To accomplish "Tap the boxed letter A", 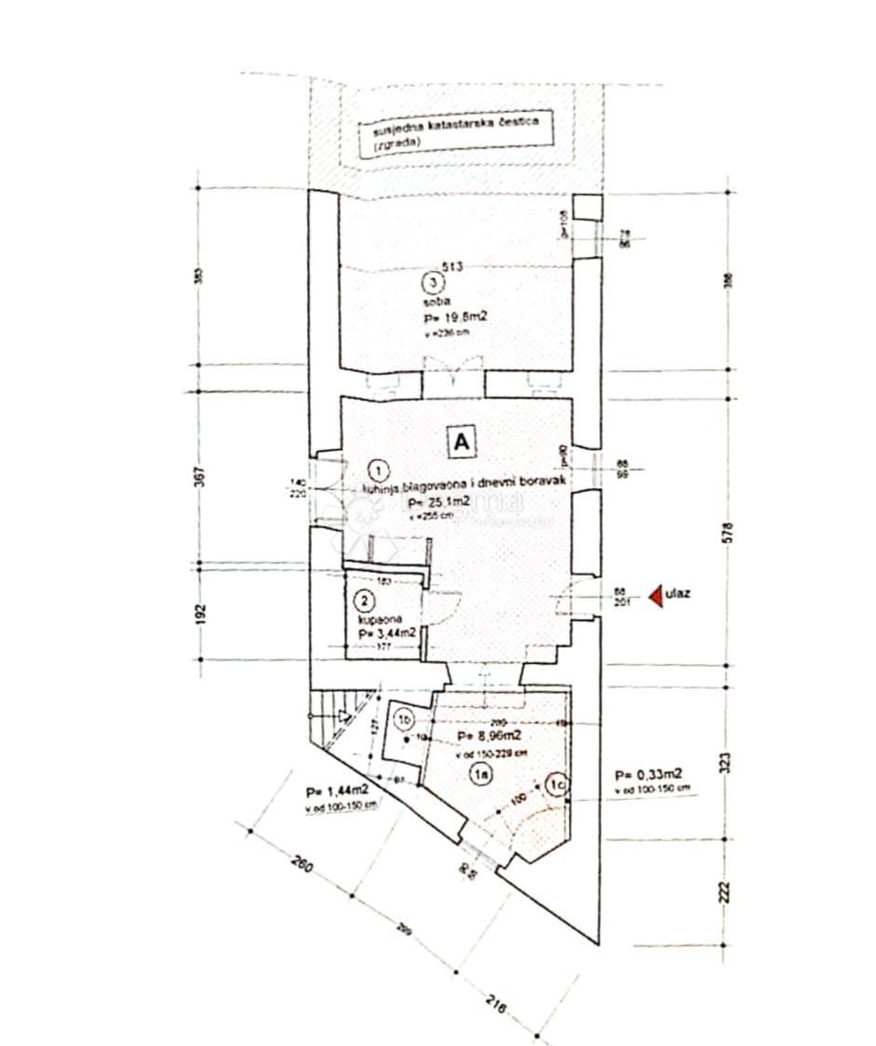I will [x=460, y=442].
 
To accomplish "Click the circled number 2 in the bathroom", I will [x=366, y=600].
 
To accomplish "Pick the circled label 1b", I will [x=403, y=719].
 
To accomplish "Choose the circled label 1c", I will [x=557, y=785].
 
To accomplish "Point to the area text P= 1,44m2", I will [x=336, y=791].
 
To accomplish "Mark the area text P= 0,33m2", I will [x=649, y=774].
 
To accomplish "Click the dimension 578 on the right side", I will [x=729, y=532].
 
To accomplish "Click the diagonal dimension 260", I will [x=301, y=863].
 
